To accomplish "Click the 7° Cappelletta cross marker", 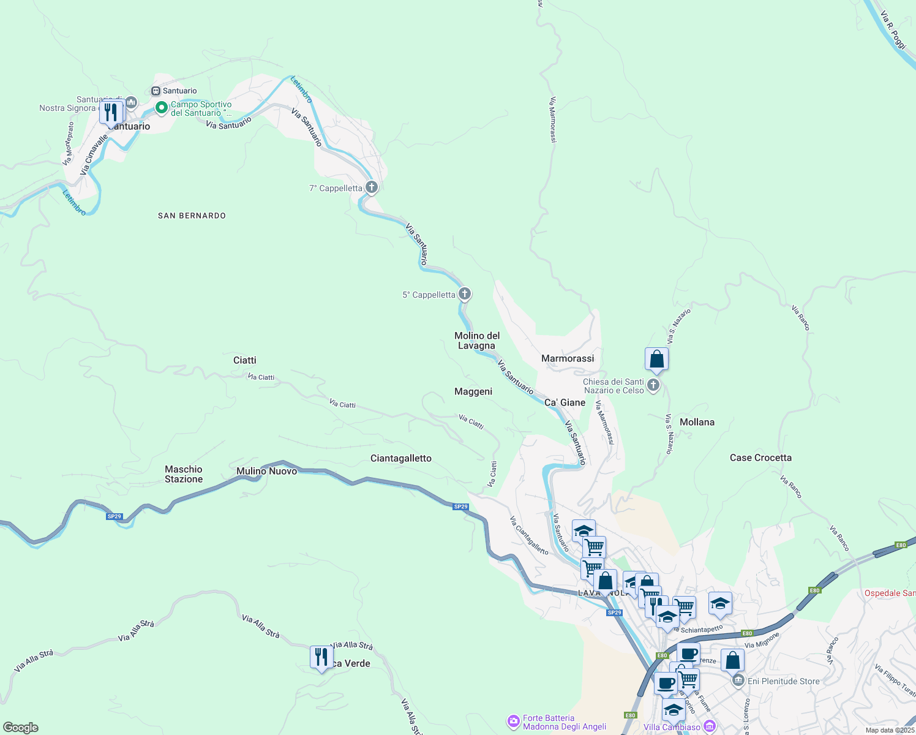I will [371, 187].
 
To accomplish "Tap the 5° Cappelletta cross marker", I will [465, 295].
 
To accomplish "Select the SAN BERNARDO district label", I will [192, 216].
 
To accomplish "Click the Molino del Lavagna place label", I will [477, 341].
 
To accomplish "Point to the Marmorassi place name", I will [568, 358].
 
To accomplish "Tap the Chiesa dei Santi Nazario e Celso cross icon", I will [653, 385].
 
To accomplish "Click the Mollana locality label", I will [697, 422].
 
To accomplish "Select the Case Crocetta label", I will [760, 458].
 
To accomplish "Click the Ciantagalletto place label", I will [401, 458].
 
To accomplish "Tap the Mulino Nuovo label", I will [267, 471].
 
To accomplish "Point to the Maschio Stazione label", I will [184, 474].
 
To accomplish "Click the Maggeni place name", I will [473, 391].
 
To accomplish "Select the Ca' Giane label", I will [565, 402].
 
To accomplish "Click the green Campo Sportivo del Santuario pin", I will [162, 108].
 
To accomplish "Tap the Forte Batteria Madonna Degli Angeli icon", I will [514, 722].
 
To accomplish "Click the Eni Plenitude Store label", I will [783, 681].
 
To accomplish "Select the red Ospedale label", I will [890, 593].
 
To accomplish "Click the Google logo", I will [21, 728].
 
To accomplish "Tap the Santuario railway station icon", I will [156, 91].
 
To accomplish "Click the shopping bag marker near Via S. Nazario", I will [656, 360].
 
